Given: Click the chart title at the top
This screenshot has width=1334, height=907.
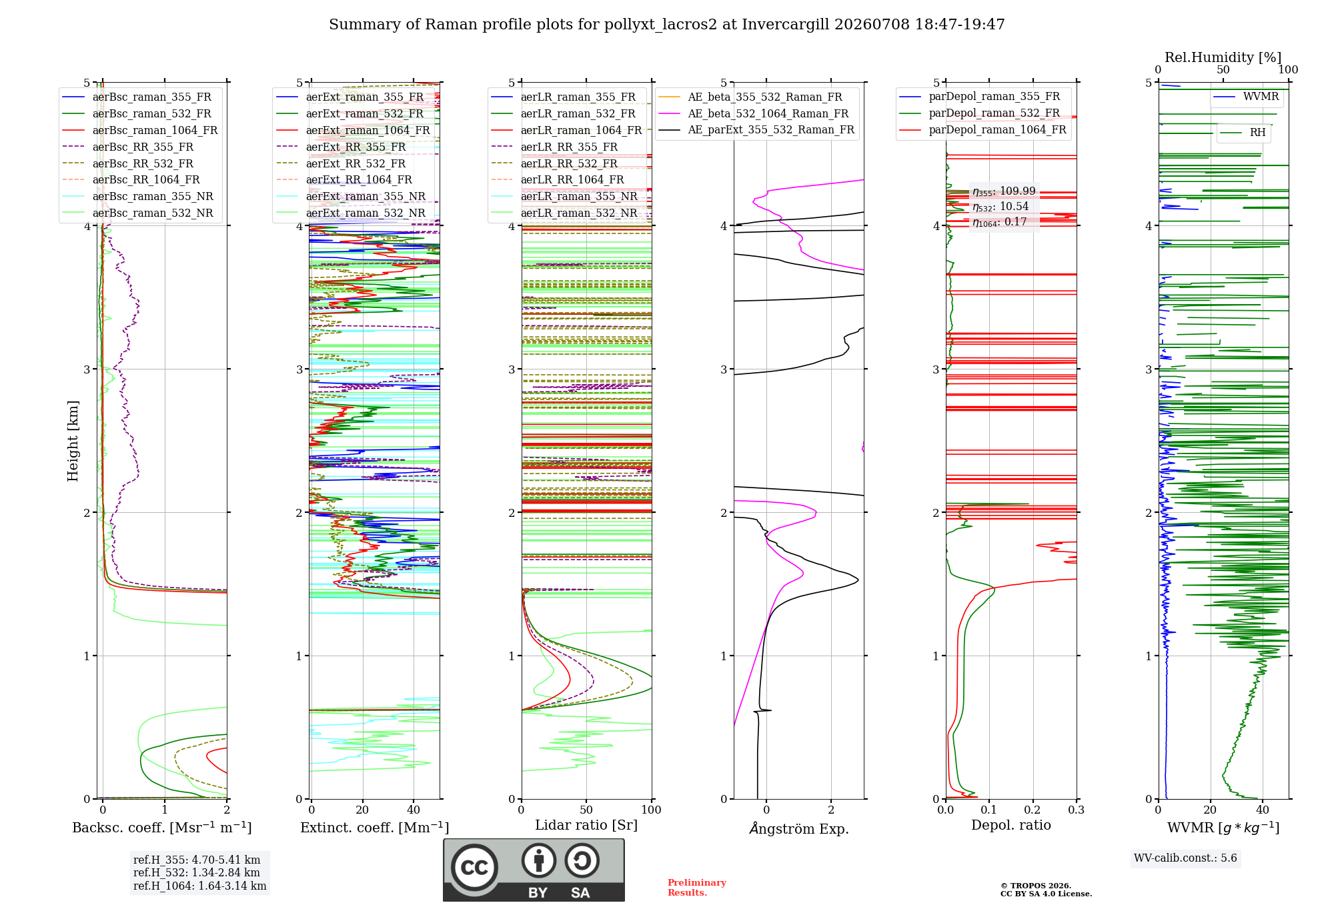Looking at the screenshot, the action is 667,25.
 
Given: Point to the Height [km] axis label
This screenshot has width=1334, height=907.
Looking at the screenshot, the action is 73,441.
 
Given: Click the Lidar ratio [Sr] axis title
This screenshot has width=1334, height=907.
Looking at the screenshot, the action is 586,825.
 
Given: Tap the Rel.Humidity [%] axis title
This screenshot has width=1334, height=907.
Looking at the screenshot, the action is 1223,57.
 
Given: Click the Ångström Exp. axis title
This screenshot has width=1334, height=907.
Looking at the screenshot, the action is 799,828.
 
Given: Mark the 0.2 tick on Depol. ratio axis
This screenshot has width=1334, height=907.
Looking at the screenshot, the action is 1033,810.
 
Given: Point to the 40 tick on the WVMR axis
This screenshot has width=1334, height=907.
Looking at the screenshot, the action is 1263,810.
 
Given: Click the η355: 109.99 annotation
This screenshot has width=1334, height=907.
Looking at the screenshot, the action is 1004,191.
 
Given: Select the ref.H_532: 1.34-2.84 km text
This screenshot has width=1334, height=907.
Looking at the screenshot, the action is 197,872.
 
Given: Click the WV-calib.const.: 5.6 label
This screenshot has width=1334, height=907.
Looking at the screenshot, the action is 1185,858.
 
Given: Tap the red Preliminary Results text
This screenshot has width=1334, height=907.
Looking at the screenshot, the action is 697,888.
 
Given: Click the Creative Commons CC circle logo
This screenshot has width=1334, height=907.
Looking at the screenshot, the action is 474,868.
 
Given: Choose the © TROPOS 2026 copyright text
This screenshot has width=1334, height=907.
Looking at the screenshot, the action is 1036,886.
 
